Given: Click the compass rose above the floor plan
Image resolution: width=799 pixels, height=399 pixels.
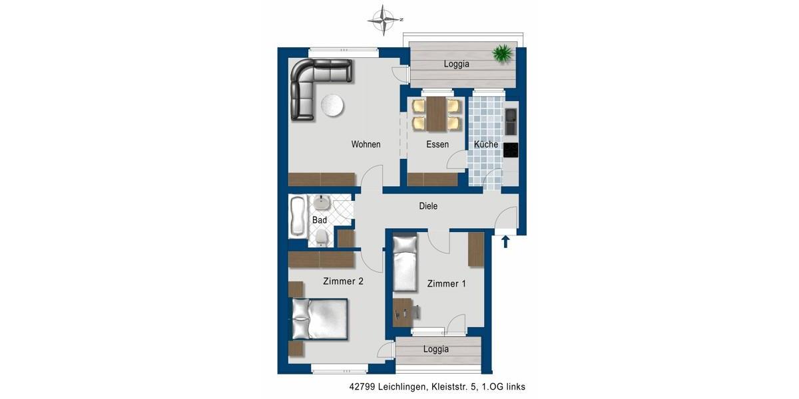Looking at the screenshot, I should point(382,19).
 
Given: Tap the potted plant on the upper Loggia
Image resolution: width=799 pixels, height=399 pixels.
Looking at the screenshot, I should point(503,53).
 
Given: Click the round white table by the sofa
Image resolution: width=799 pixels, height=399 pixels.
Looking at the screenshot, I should point(332,105).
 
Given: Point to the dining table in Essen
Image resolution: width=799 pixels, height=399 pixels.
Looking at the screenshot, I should point(436,114).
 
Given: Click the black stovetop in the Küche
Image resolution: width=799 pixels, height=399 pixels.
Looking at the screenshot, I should point(511,150).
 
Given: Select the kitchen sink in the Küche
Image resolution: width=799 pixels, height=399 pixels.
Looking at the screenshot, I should point(511,121).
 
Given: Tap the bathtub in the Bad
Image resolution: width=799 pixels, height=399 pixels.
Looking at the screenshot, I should point(297,217).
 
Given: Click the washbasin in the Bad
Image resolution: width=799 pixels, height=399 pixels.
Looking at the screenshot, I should point(323,202).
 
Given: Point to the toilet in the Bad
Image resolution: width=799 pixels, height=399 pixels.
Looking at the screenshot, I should point(322,237).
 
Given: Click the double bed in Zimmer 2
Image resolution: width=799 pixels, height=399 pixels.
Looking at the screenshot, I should point(320,319).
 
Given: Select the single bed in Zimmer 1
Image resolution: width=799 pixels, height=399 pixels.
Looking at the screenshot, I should point(405,263).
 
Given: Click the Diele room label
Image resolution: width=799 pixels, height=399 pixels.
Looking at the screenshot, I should point(428,206).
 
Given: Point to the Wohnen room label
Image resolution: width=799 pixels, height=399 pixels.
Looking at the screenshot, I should point(366,144).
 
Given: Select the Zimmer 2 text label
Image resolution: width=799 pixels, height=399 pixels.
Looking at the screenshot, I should point(343,281).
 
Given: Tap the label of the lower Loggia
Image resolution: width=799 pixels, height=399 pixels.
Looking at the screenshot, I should point(435,349).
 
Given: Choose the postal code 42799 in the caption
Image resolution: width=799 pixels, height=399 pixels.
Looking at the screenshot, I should point(361,386).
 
